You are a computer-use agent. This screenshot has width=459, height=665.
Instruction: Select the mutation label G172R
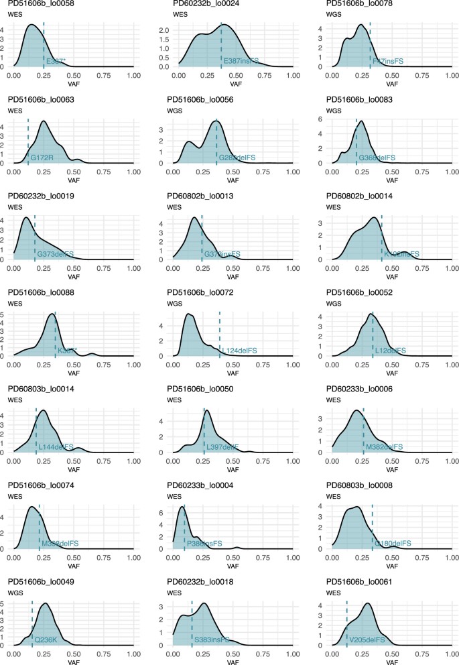pyautogui.click(x=42, y=158)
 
